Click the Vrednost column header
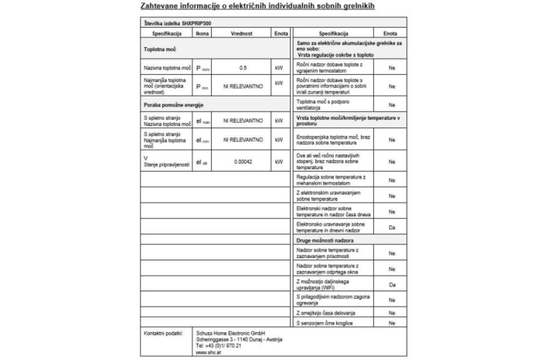(243, 34)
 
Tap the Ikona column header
(202, 34)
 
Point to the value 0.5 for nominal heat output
(243, 68)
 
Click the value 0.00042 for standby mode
(243, 162)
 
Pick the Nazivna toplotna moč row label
(167, 68)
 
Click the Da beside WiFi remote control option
(392, 285)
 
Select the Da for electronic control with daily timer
(392, 227)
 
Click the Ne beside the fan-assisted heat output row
(392, 104)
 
